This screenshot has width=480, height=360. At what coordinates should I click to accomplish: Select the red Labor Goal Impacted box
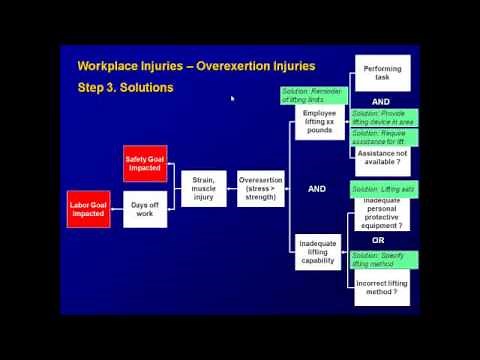(89, 208)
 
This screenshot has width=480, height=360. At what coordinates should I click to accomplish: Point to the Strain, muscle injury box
(204, 186)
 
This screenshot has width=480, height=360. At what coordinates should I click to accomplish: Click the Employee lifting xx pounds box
(320, 122)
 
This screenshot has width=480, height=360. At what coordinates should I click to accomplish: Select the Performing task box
(381, 73)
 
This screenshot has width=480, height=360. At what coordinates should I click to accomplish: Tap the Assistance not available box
(381, 157)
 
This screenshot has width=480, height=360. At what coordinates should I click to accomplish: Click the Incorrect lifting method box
(381, 288)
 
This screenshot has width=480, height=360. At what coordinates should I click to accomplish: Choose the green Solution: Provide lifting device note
(383, 117)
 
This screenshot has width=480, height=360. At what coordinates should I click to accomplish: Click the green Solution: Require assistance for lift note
(383, 137)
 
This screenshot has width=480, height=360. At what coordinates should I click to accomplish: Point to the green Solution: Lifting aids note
(383, 189)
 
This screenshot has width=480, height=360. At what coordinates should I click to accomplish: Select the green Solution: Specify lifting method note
(383, 258)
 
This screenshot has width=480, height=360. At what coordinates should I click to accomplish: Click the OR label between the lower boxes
(379, 240)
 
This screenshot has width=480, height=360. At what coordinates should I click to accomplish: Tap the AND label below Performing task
(380, 102)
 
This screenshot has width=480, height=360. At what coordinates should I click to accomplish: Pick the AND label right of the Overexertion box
(317, 188)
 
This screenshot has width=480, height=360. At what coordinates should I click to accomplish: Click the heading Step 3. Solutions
(125, 87)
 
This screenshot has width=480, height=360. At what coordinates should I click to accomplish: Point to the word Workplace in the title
(111, 66)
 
